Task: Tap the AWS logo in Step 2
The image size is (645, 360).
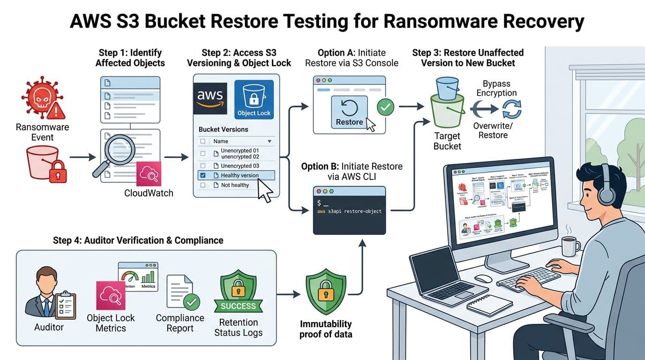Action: click(x=210, y=98)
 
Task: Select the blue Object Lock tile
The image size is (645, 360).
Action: click(x=254, y=100)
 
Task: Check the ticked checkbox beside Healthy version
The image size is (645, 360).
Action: click(x=202, y=175)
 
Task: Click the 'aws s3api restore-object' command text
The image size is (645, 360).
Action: click(x=349, y=211)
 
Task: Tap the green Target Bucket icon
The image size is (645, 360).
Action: click(x=447, y=110)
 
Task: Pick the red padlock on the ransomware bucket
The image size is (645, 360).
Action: click(x=58, y=172)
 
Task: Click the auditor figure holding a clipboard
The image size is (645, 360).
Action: click(x=48, y=293)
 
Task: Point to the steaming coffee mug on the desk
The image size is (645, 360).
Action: click(x=570, y=245)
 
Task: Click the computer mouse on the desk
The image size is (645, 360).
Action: click(x=483, y=278)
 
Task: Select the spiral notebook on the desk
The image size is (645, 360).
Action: click(x=489, y=305)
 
